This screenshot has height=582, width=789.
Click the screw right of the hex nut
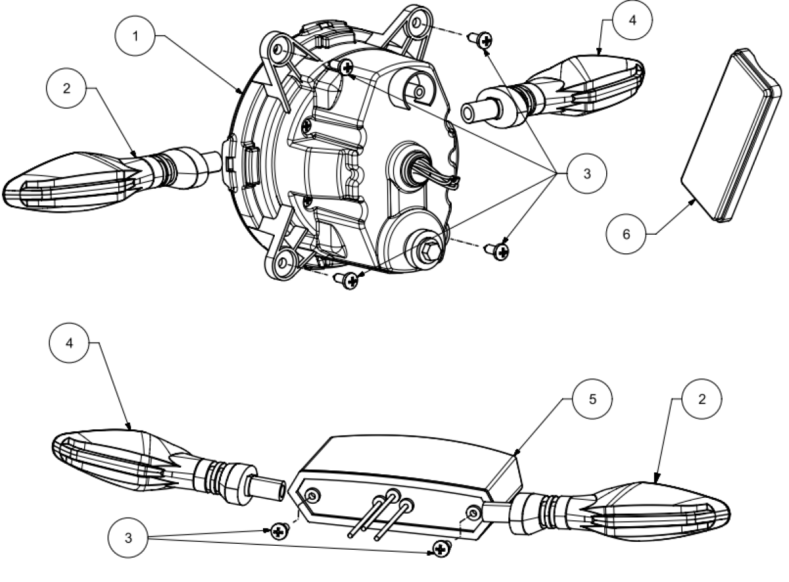pos(500,250)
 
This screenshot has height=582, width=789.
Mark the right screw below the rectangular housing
pos(439,546)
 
